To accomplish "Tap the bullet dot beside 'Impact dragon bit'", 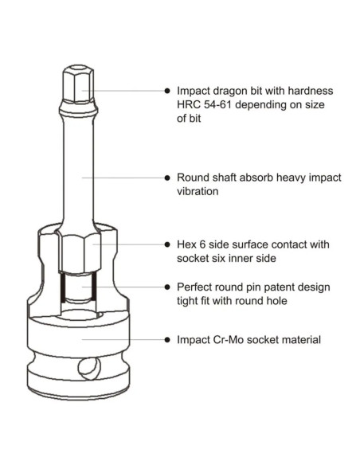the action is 167,91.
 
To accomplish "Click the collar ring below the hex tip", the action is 78,109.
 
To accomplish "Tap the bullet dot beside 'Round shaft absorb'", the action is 167,178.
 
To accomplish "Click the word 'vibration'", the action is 198,191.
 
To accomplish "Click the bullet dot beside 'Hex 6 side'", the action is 167,244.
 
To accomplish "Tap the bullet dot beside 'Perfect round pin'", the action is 167,287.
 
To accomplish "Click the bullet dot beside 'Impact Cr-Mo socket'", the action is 167,340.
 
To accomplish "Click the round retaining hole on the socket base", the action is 89,369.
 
